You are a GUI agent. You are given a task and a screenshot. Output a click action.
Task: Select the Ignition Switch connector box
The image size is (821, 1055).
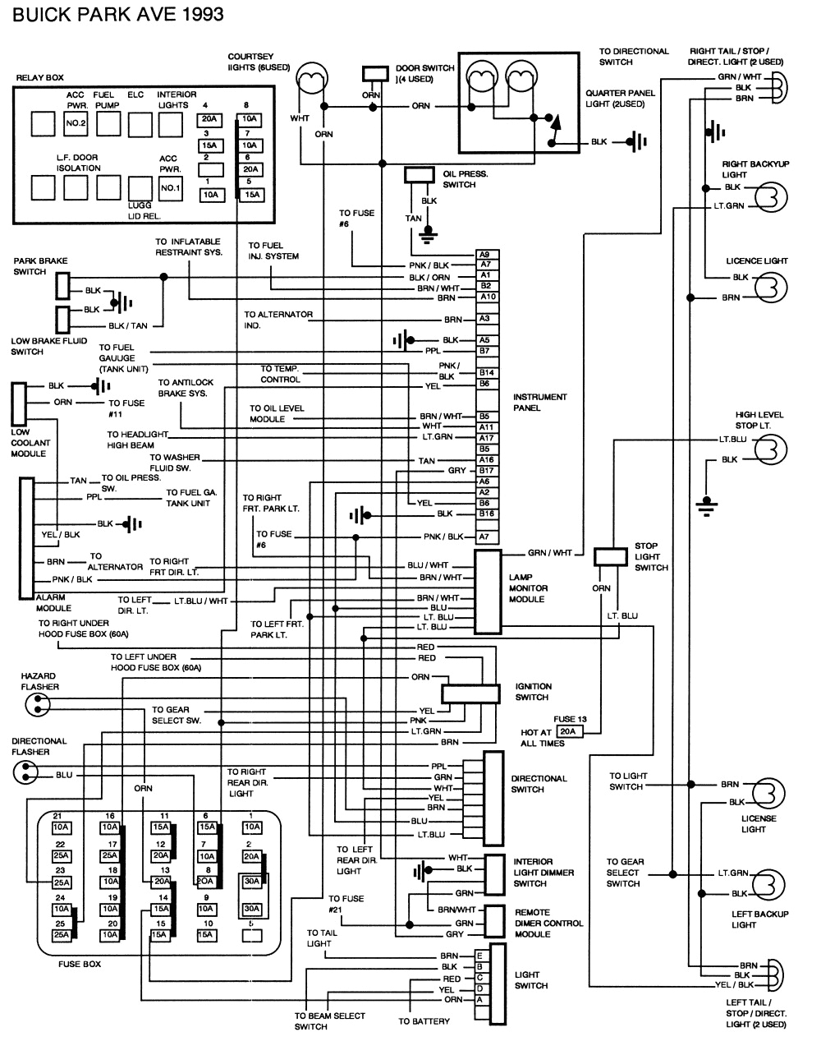point(470,693)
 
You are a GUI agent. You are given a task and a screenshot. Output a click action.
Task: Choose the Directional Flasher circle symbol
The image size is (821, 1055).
point(25,772)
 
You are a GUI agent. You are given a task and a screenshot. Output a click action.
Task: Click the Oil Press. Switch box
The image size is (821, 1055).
point(420,174)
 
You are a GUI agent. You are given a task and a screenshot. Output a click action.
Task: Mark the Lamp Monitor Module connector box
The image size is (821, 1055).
point(488,592)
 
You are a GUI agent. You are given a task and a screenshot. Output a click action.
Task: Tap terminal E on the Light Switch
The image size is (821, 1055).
point(479,956)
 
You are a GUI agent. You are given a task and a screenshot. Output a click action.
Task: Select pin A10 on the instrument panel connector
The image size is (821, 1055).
point(487,297)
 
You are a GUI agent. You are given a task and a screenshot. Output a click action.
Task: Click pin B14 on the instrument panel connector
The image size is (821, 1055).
point(486,373)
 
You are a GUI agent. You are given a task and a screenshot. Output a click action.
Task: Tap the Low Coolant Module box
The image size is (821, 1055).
point(18,403)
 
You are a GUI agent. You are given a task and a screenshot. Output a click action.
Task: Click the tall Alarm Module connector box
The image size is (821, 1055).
point(27,537)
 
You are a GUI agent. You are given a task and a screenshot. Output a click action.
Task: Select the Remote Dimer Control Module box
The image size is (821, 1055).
point(493,923)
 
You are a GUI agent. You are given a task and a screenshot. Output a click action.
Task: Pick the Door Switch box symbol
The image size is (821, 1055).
point(375,73)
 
